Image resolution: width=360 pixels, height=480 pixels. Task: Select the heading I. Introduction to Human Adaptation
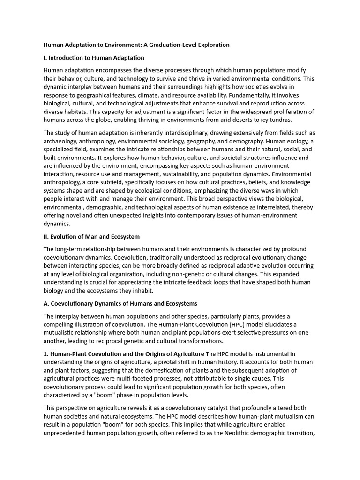[94, 58]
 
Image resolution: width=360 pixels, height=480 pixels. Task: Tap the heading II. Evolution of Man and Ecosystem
[91, 236]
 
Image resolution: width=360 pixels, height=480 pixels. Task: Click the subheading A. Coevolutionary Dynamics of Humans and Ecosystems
[120, 304]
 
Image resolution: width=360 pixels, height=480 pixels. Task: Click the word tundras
[278, 120]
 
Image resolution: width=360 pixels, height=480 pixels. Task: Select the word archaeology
[60, 141]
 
